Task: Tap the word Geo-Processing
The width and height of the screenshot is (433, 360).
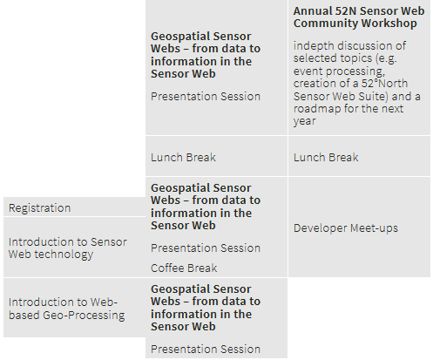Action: pyautogui.click(x=84, y=316)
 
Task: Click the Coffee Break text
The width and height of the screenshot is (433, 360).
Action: pyautogui.click(x=184, y=268)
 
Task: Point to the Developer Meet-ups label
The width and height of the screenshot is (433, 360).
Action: pyautogui.click(x=346, y=228)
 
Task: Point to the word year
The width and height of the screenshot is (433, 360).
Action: pyautogui.click(x=304, y=121)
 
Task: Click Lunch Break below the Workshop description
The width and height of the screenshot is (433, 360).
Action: pyautogui.click(x=326, y=158)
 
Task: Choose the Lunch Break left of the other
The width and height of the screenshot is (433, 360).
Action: pyautogui.click(x=183, y=158)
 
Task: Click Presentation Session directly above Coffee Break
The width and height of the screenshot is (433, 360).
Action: pyautogui.click(x=206, y=248)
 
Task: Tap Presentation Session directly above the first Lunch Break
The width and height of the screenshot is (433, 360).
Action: pyautogui.click(x=206, y=97)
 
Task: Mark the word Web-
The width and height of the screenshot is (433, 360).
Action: pyautogui.click(x=104, y=302)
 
